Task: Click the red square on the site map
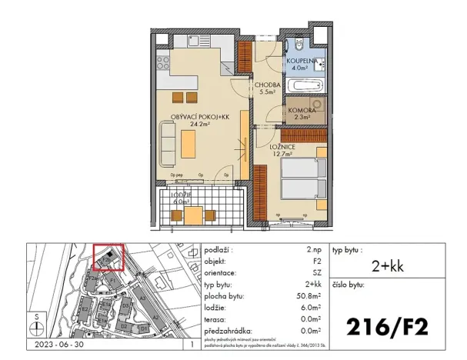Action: [x=108, y=258]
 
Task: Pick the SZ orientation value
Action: [x=316, y=272]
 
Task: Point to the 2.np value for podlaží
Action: [x=314, y=250]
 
